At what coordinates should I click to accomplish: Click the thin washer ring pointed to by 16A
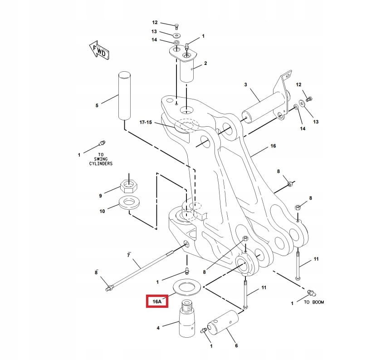(x=185, y=287)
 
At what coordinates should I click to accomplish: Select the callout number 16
(x=273, y=146)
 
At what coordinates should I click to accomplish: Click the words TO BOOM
(x=314, y=302)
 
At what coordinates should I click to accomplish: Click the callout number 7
(x=129, y=256)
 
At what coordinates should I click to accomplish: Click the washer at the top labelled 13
(x=176, y=35)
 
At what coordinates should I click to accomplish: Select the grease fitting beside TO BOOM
(x=311, y=292)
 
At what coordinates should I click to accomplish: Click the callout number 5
(x=97, y=106)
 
